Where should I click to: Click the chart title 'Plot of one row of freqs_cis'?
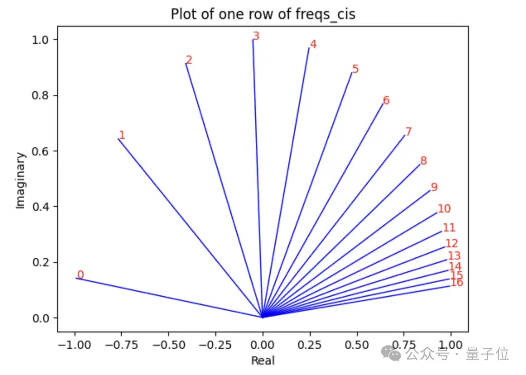[x=263, y=15]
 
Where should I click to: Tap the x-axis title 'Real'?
[x=263, y=360]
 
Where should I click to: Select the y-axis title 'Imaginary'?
[x=20, y=180]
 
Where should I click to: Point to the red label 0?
[x=80, y=275]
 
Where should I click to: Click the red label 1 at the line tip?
[x=122, y=135]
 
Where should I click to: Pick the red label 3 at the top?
[x=256, y=36]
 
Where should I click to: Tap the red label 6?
[x=386, y=101]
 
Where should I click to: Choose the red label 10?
[x=444, y=209]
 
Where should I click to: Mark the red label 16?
[x=457, y=283]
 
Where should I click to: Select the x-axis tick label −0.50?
[x=169, y=344]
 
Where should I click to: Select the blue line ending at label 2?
[x=224, y=190]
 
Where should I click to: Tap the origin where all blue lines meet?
[x=263, y=317]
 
